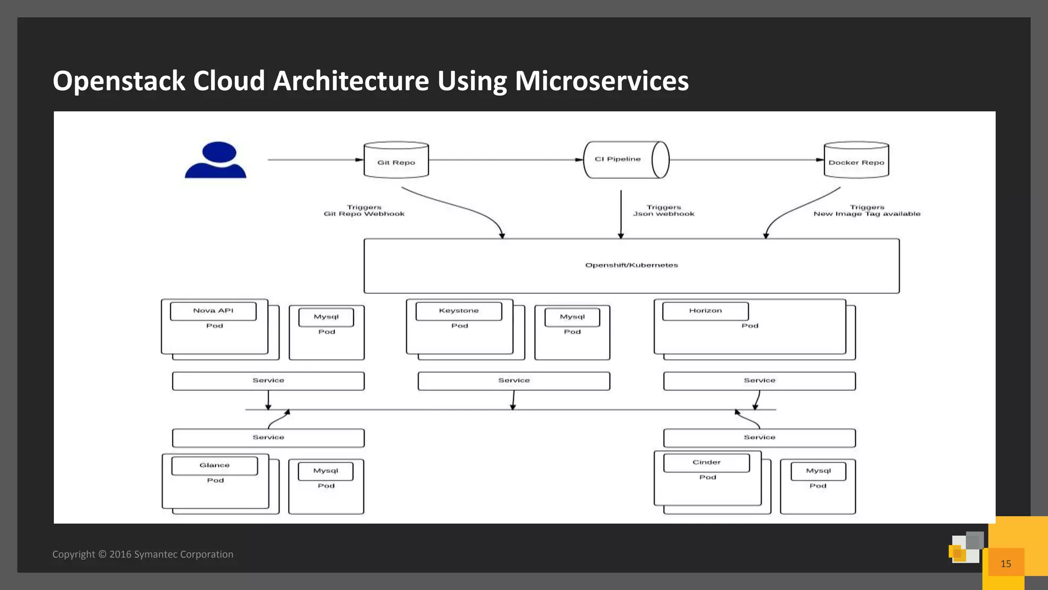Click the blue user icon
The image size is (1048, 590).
click(215, 160)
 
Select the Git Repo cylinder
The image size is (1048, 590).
click(396, 161)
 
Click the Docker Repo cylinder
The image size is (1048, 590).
click(856, 161)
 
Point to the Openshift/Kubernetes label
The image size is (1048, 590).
click(631, 265)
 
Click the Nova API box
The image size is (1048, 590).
click(213, 311)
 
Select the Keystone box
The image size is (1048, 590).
click(459, 311)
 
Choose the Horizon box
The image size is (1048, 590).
click(705, 311)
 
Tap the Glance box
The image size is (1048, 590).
click(214, 466)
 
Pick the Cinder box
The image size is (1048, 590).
click(706, 462)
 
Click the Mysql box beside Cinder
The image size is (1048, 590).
click(818, 471)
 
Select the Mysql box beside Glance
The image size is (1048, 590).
click(325, 471)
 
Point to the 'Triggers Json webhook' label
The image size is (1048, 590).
click(664, 211)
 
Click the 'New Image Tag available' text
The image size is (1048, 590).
click(867, 214)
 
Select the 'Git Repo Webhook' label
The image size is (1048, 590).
click(364, 214)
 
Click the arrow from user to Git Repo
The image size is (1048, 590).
click(315, 160)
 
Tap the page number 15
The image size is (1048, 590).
click(1006, 564)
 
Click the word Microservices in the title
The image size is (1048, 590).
click(602, 81)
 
